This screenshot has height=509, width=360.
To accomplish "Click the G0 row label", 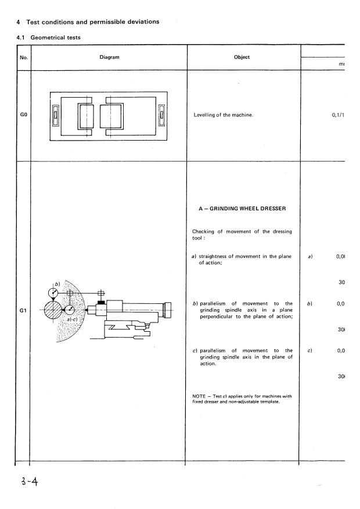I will pyautogui.click(x=22, y=114).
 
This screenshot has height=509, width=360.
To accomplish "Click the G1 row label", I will pyautogui.click(x=22, y=310).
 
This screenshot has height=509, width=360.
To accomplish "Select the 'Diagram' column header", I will pyautogui.click(x=109, y=57).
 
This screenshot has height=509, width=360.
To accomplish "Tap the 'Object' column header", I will pyautogui.click(x=242, y=57).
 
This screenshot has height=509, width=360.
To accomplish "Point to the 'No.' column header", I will pyautogui.click(x=23, y=57).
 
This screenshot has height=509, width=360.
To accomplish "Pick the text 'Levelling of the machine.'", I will pyautogui.click(x=223, y=114).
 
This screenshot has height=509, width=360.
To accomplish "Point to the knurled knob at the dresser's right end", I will pyautogui.click(x=168, y=309).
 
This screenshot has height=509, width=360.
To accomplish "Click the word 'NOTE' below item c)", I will pyautogui.click(x=199, y=396).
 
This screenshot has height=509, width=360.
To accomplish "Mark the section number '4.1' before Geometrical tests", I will pyautogui.click(x=21, y=38).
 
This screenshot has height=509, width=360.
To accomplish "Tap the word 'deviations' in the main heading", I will pyautogui.click(x=139, y=22).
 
